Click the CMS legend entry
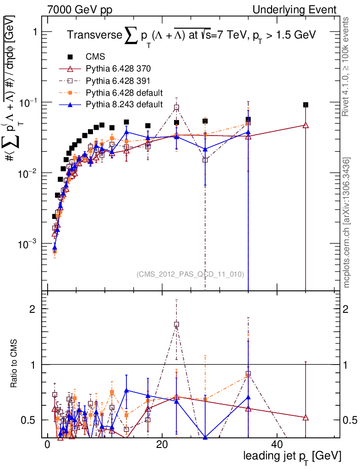(x=95, y=57)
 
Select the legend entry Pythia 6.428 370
(x=118, y=69)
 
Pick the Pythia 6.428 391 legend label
(x=118, y=81)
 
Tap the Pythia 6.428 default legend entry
(x=124, y=93)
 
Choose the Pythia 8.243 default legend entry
(x=124, y=104)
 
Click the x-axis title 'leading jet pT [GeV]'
(x=292, y=456)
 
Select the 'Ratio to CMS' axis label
(x=15, y=364)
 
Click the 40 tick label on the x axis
(x=277, y=444)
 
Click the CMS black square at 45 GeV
(x=305, y=105)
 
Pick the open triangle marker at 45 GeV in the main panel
(x=305, y=125)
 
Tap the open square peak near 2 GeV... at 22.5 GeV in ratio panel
(x=176, y=324)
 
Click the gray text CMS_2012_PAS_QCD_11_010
(x=190, y=274)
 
